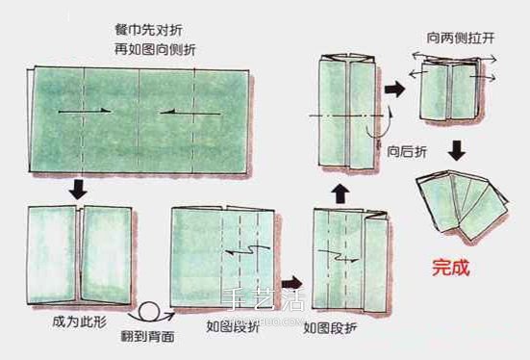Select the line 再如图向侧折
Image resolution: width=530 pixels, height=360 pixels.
coord(145,49)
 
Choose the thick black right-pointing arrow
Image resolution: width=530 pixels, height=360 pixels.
coord(393,89)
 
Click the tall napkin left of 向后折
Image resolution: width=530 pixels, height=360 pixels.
coord(344,116)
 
